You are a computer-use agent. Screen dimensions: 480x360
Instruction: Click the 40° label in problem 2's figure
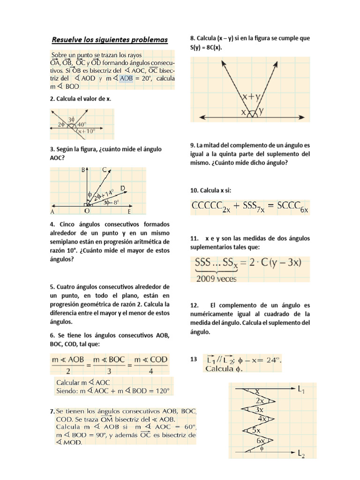tap(82, 125)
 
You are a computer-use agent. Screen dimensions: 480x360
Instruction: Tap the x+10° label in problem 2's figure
tap(87, 132)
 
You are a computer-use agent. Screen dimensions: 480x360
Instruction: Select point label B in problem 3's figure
tap(82, 171)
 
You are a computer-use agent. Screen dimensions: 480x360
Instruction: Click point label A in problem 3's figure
tap(52, 211)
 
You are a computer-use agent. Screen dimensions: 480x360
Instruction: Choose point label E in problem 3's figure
tap(129, 211)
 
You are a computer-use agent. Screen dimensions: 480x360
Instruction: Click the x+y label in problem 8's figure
tap(252, 97)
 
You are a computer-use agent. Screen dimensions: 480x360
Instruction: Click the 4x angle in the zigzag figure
tap(262, 419)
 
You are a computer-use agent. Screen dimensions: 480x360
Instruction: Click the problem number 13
tap(194, 360)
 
